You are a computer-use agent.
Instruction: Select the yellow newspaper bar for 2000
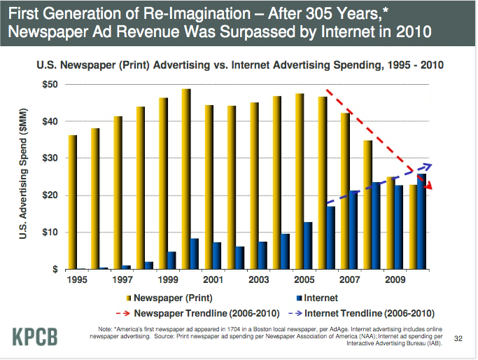186,179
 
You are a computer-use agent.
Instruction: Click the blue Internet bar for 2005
307,245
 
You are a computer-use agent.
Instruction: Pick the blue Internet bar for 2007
353,230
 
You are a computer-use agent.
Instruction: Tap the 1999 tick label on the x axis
169,280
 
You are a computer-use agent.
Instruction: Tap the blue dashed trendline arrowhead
428,166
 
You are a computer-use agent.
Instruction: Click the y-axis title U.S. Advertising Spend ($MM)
23,176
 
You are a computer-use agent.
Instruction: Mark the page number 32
459,338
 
